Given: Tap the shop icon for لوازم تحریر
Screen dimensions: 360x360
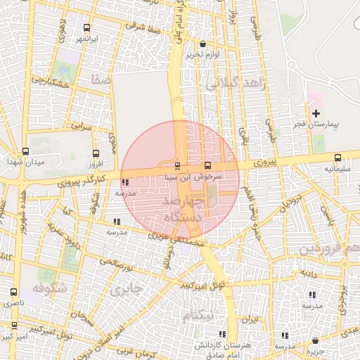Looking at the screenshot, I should [202, 44].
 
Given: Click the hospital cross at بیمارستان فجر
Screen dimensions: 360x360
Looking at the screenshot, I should [316, 113].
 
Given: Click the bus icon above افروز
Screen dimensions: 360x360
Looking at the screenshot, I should [96, 153].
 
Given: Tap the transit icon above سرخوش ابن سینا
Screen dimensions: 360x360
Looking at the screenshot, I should [176, 167].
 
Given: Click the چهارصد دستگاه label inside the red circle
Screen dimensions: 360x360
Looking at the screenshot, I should [182, 210].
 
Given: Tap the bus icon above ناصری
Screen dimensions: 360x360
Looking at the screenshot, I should [13, 292].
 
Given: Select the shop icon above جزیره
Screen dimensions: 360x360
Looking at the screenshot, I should [314, 341].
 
